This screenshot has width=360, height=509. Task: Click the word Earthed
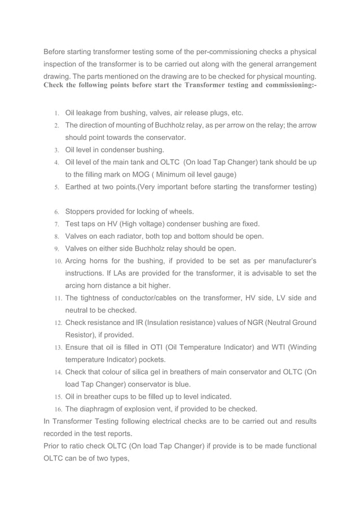(80, 187)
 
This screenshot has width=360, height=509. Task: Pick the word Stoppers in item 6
(82, 212)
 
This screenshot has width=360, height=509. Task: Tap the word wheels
(180, 212)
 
